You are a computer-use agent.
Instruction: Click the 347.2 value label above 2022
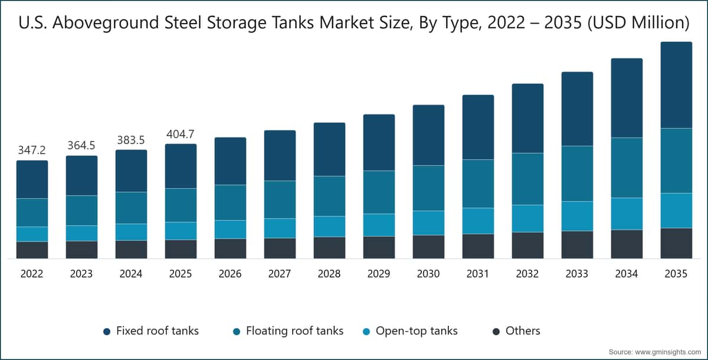(x=32, y=150)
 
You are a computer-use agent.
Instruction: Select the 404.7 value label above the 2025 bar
(x=181, y=134)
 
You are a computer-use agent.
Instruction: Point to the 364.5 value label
(x=81, y=146)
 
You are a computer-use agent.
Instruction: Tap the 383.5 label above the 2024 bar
(x=131, y=140)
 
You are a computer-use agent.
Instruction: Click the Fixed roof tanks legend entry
(x=150, y=331)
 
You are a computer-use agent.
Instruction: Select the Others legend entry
(x=515, y=331)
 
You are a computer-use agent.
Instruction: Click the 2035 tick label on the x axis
(x=676, y=274)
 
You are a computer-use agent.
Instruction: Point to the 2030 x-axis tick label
(x=428, y=274)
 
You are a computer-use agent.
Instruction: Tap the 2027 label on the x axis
(x=280, y=274)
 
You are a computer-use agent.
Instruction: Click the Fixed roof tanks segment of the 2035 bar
(x=676, y=85)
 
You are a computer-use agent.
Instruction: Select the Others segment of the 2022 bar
(x=32, y=250)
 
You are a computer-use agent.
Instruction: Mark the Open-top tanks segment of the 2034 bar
(x=627, y=214)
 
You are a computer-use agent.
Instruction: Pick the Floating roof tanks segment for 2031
(x=478, y=184)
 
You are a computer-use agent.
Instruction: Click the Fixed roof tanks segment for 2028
(x=329, y=149)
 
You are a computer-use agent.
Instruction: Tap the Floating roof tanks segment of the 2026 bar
(x=230, y=202)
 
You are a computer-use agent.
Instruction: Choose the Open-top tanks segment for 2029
(x=379, y=225)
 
